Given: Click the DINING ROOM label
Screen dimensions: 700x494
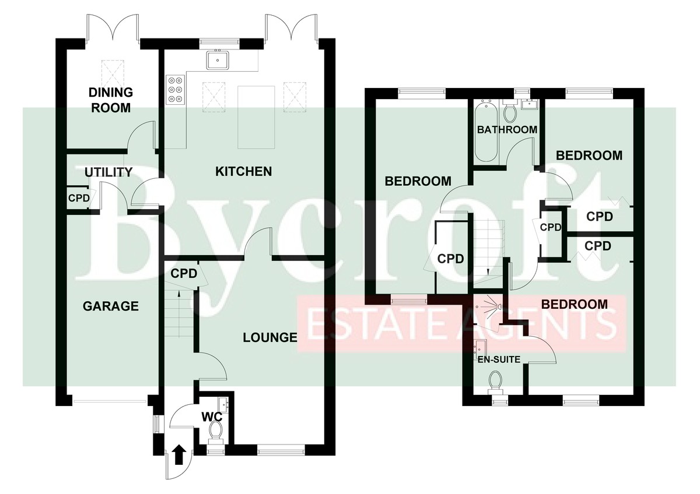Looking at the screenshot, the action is (x=111, y=100).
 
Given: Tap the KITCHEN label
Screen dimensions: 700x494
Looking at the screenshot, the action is (x=243, y=171).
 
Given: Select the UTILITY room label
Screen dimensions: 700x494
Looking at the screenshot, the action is (x=108, y=172).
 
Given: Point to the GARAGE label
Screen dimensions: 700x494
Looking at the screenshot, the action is (x=111, y=306).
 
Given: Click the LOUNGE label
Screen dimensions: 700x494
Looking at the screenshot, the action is (x=270, y=337).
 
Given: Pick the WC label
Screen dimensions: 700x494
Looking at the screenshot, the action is (x=212, y=417).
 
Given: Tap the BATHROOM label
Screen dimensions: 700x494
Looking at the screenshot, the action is (x=507, y=129).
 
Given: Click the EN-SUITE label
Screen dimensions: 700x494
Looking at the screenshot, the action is (x=499, y=359).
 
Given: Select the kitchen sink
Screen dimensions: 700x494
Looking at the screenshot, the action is (x=218, y=61).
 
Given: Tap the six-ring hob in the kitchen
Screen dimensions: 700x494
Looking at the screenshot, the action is (x=176, y=90).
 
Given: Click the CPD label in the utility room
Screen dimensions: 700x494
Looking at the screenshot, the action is (x=79, y=198).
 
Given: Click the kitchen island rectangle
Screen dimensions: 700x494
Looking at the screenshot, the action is (x=256, y=117).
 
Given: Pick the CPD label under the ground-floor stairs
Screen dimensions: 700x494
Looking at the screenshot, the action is (x=184, y=274).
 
